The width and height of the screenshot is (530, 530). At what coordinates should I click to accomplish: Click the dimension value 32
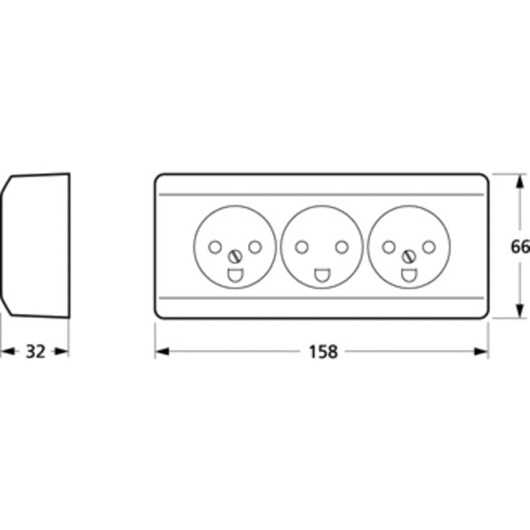(x=35, y=352)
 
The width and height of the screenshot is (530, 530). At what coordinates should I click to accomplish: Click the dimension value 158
(x=323, y=352)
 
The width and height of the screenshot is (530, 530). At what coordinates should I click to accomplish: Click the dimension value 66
(x=520, y=247)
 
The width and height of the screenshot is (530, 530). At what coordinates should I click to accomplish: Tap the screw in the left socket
(x=235, y=257)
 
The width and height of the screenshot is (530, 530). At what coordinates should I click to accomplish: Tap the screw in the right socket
(x=409, y=257)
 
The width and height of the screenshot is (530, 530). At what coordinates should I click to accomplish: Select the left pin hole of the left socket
(x=215, y=247)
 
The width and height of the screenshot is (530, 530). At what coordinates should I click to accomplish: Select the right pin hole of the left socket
(x=255, y=247)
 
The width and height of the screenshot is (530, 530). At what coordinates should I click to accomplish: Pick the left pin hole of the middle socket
(x=301, y=247)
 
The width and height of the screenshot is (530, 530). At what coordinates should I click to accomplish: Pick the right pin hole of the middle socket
(x=342, y=247)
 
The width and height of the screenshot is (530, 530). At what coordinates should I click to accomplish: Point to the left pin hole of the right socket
(x=389, y=247)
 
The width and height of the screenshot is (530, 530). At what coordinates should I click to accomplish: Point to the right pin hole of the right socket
(x=429, y=247)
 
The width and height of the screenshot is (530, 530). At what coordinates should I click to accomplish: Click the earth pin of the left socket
(x=235, y=275)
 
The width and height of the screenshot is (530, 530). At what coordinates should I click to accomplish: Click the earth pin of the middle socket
(x=322, y=275)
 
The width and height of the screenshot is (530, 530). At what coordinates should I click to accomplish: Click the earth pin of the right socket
(x=409, y=275)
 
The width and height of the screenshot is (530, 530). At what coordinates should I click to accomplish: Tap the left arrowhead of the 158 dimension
(x=162, y=352)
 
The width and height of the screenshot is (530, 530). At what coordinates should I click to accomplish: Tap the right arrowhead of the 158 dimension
(x=481, y=352)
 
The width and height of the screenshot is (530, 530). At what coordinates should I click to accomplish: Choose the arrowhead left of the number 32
(x=8, y=352)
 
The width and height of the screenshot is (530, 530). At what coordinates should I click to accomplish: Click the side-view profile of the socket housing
(x=70, y=246)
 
